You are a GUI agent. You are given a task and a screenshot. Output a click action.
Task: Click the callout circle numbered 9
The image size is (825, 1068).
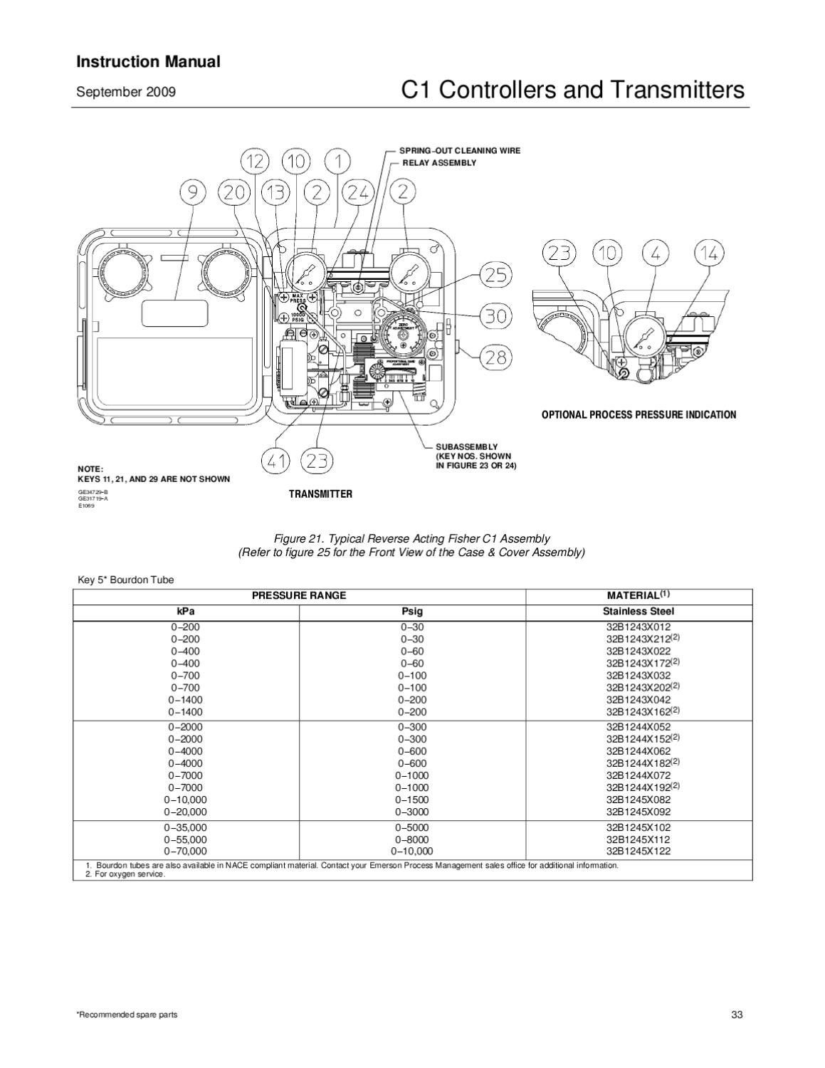[191, 192]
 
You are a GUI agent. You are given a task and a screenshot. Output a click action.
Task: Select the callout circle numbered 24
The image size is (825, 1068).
[359, 192]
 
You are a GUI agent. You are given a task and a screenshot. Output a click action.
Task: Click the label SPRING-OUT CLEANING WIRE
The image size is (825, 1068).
[459, 151]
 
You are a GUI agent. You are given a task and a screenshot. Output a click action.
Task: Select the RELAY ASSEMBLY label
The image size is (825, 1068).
[439, 163]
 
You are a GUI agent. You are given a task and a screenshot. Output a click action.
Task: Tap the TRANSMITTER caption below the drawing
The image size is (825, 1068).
[320, 494]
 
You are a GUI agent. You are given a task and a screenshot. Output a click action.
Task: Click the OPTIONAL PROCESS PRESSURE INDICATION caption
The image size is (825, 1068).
[639, 415]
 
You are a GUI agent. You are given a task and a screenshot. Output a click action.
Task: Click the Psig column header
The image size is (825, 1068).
[412, 611]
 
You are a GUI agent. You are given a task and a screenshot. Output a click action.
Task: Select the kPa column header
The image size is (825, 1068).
[186, 611]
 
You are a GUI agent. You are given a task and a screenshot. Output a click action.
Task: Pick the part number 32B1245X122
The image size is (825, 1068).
[639, 852]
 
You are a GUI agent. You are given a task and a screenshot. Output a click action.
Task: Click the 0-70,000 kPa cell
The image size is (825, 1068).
[186, 852]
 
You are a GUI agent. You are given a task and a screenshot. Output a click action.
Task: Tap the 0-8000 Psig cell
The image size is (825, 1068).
[412, 839]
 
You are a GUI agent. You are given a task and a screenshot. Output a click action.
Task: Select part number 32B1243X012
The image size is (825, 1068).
[639, 627]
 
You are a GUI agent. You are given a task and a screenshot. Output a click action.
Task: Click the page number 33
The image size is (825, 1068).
[737, 1015]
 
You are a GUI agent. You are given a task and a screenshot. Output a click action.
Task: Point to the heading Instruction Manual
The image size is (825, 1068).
[148, 62]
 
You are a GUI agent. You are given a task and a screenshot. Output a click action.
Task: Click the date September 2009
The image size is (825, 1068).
[126, 93]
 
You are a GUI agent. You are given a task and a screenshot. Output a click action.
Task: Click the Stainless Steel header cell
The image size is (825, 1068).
[639, 611]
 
